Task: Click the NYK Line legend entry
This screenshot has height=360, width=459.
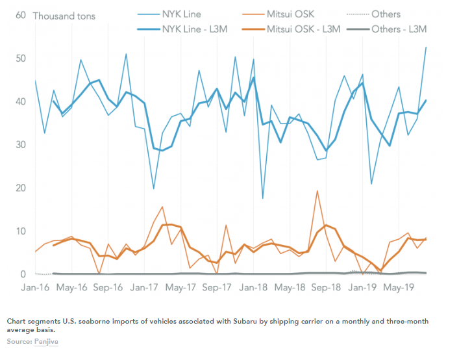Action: pyautogui.click(x=169, y=14)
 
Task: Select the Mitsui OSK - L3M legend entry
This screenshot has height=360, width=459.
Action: pyautogui.click(x=291, y=29)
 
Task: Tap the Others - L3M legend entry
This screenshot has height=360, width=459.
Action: pyautogui.click(x=386, y=29)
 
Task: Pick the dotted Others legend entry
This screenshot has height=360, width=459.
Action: pyautogui.click(x=373, y=14)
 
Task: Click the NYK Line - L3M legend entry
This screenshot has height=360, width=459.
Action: pyautogui.click(x=182, y=29)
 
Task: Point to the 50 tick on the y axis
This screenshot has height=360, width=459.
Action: pyautogui.click(x=21, y=58)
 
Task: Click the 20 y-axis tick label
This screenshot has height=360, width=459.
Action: pyautogui.click(x=21, y=188)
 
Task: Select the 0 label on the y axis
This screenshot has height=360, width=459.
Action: pyautogui.click(x=23, y=274)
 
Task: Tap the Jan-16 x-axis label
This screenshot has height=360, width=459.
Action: pyautogui.click(x=35, y=287)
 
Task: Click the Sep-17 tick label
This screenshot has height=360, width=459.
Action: pyautogui.click(x=217, y=287)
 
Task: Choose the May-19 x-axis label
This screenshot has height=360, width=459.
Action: pyautogui.click(x=399, y=287)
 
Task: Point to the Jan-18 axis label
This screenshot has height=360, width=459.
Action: pyautogui.click(x=253, y=287)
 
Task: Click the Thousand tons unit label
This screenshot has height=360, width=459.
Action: pyautogui.click(x=64, y=16)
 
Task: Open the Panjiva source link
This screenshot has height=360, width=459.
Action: pyautogui.click(x=46, y=342)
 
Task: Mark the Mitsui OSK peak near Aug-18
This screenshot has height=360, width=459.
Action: pyautogui.click(x=317, y=191)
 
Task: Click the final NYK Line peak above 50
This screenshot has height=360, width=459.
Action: pyautogui.click(x=426, y=47)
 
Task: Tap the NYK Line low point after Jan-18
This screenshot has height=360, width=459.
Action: pyautogui.click(x=262, y=199)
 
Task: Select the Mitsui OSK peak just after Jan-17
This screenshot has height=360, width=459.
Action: pyautogui.click(x=162, y=207)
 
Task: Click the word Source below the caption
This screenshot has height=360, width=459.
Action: pyautogui.click(x=19, y=342)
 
